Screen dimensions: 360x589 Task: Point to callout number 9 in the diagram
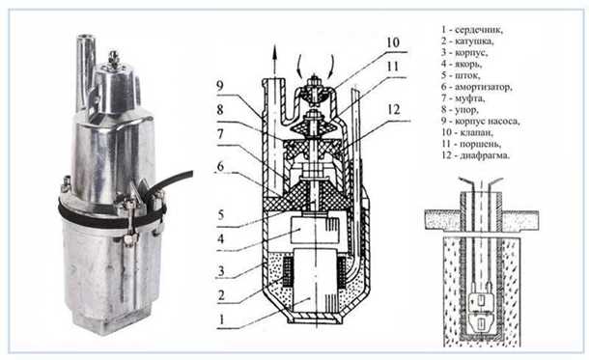coord(221,85)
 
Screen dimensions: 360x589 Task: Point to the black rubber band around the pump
coord(97,216)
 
